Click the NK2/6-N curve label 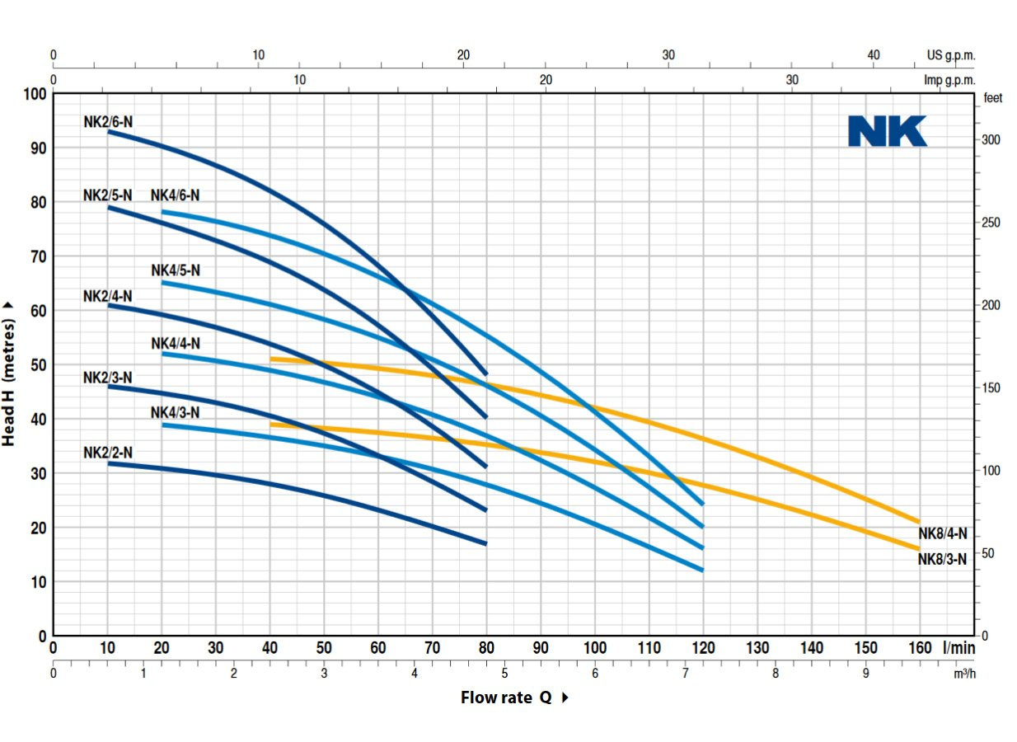pyautogui.click(x=108, y=122)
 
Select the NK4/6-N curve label pyautogui.click(x=175, y=195)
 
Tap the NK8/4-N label pyautogui.click(x=943, y=533)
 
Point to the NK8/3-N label pyautogui.click(x=943, y=559)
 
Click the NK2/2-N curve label pyautogui.click(x=108, y=453)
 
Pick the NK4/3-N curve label pyautogui.click(x=175, y=412)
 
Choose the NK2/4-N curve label pyautogui.click(x=108, y=296)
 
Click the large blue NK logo pyautogui.click(x=888, y=131)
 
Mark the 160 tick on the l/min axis pyautogui.click(x=919, y=648)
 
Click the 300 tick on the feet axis pyautogui.click(x=991, y=140)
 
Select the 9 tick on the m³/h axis pyautogui.click(x=865, y=674)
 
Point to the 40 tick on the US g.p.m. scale pyautogui.click(x=874, y=55)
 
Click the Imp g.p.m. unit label pyautogui.click(x=949, y=81)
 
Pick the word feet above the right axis pyautogui.click(x=992, y=98)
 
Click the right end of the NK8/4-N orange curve pyautogui.click(x=918, y=521)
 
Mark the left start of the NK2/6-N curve pyautogui.click(x=108, y=131)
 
